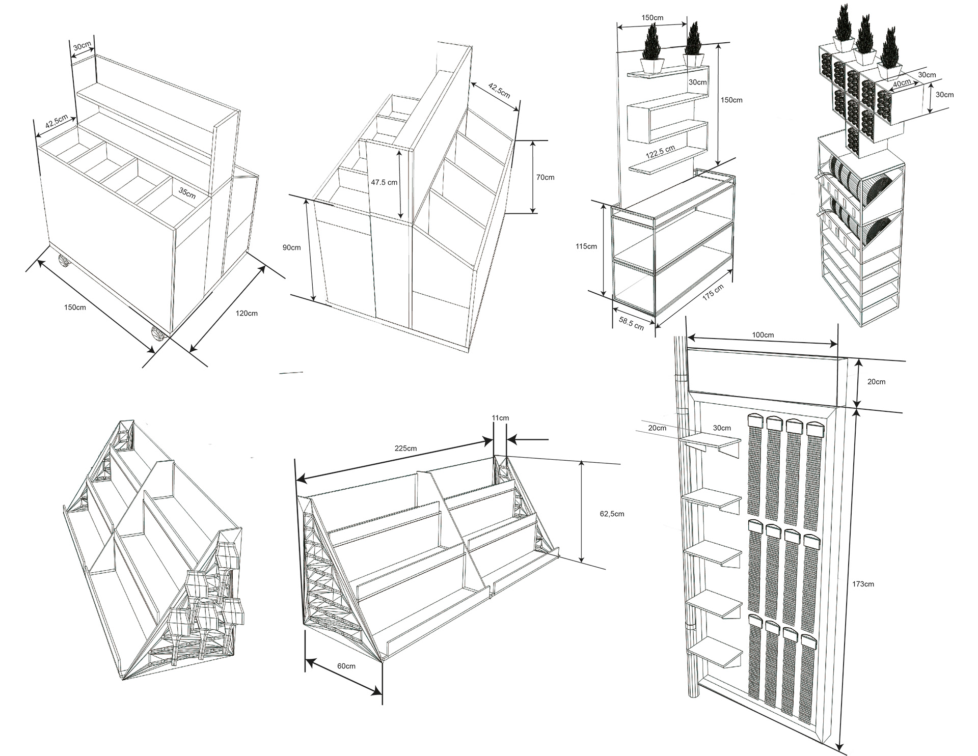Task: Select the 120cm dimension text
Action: (246, 313)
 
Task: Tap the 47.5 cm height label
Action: (384, 182)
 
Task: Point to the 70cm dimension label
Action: (545, 177)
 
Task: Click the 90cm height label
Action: (292, 247)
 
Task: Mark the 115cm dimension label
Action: (586, 246)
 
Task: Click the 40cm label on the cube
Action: (902, 83)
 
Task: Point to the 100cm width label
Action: (763, 335)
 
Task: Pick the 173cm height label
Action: (863, 584)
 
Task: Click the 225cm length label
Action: (406, 449)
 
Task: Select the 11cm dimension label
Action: (500, 418)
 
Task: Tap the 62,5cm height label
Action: (612, 514)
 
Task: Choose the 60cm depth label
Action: (346, 666)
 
